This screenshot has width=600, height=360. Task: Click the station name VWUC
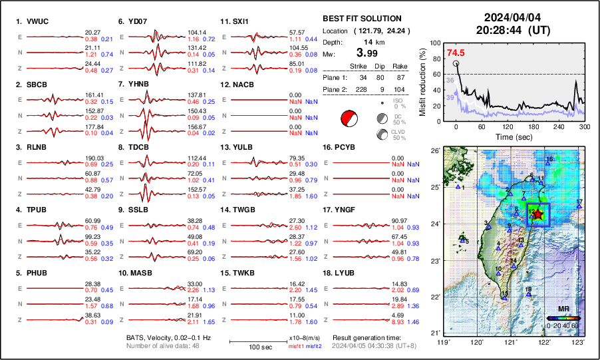tap(37, 21)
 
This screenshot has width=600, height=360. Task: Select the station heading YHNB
tap(139, 85)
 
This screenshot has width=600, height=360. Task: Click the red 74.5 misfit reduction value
tap(456, 53)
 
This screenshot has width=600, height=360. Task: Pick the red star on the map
tap(537, 214)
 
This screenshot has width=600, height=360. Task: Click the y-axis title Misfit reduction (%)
tap(424, 81)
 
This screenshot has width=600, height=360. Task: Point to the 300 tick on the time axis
tap(583, 127)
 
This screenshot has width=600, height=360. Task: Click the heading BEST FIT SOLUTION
tap(361, 18)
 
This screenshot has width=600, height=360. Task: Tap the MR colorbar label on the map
tap(563, 309)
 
